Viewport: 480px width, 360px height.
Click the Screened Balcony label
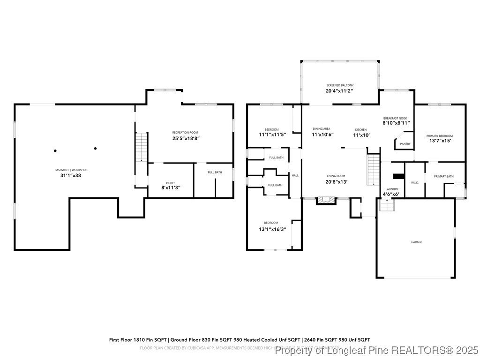click(x=340, y=85)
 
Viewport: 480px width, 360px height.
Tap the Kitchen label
click(x=360, y=129)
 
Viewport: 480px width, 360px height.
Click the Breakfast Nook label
click(x=395, y=118)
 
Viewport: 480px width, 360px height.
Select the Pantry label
click(x=405, y=144)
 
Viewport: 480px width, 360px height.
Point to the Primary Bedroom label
click(x=439, y=136)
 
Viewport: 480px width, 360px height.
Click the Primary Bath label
click(x=443, y=176)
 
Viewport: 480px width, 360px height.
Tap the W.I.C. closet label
click(x=414, y=182)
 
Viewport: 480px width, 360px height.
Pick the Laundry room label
click(x=391, y=189)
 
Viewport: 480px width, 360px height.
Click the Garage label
click(x=416, y=242)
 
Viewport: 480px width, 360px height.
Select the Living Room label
click(x=336, y=176)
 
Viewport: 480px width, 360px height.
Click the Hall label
click(x=295, y=175)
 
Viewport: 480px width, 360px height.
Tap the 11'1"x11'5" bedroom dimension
click(x=272, y=135)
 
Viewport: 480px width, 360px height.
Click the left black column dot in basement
click(x=55, y=150)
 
